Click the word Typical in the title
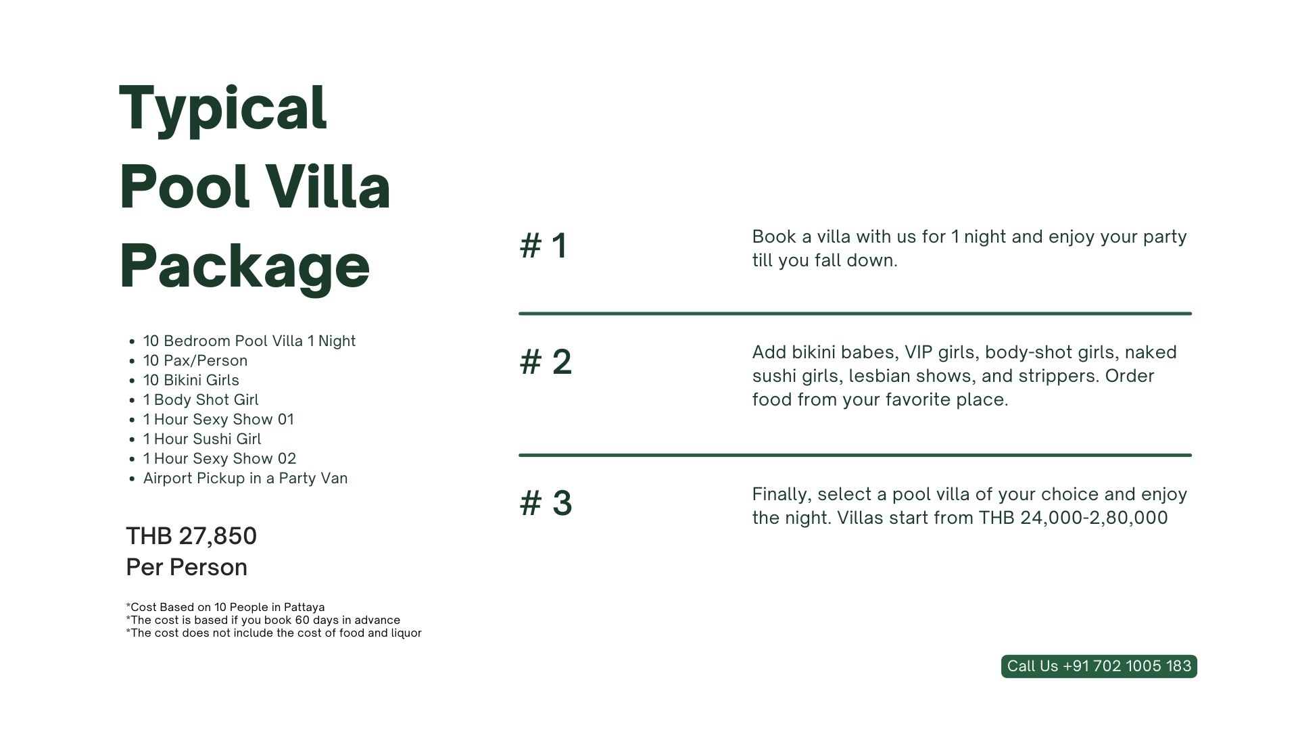pyautogui.click(x=223, y=109)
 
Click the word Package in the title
pyautogui.click(x=245, y=267)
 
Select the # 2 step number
pyautogui.click(x=546, y=361)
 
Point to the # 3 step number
pyautogui.click(x=546, y=503)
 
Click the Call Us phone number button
pyautogui.click(x=1099, y=666)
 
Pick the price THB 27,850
pyautogui.click(x=191, y=536)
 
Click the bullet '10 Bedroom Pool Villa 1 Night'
pyautogui.click(x=249, y=341)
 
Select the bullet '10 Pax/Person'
pyautogui.click(x=195, y=360)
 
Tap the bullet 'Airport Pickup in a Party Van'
pyautogui.click(x=245, y=478)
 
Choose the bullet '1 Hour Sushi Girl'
pyautogui.click(x=202, y=439)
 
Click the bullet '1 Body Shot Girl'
pyautogui.click(x=201, y=399)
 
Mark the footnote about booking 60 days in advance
pyautogui.click(x=263, y=620)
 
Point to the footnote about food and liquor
pyautogui.click(x=274, y=633)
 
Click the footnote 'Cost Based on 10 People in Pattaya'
pyautogui.click(x=225, y=607)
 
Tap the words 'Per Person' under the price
pyautogui.click(x=187, y=567)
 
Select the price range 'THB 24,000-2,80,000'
pyautogui.click(x=1074, y=518)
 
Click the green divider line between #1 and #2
pyautogui.click(x=855, y=314)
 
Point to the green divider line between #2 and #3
pyautogui.click(x=855, y=456)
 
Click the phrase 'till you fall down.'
pyautogui.click(x=825, y=260)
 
